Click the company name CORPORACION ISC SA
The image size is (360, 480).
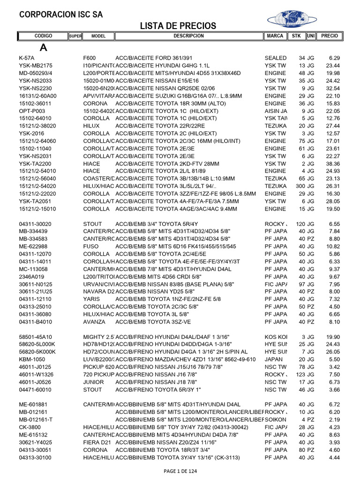[60, 15]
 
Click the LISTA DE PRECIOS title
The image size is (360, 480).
[178, 25]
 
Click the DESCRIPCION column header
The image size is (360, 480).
[188, 36]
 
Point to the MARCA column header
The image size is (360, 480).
[275, 36]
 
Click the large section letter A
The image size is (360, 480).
[44, 47]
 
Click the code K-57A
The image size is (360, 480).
[27, 58]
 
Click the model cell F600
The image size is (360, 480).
[89, 58]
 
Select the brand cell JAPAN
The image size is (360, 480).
[274, 359]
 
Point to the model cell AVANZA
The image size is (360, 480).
[93, 322]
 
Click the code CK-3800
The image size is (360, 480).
[29, 427]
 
